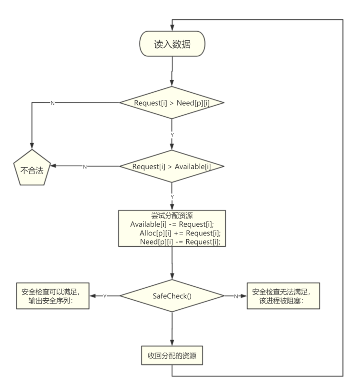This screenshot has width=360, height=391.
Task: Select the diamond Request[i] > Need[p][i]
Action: pyautogui.click(x=172, y=102)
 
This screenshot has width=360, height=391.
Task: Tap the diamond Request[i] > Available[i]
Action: pyautogui.click(x=172, y=166)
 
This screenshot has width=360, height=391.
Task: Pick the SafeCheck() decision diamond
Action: pyautogui.click(x=172, y=296)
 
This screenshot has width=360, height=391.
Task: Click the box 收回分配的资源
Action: pyautogui.click(x=172, y=357)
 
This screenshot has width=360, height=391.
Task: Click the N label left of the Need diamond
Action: pyautogui.click(x=52, y=103)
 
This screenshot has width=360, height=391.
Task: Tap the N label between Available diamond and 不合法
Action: pyautogui.click(x=85, y=167)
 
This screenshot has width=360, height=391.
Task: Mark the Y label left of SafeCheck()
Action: pyautogui.click(x=104, y=296)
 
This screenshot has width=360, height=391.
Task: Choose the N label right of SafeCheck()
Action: pyautogui.click(x=236, y=296)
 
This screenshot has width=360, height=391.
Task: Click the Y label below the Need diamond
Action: pyautogui.click(x=172, y=135)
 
